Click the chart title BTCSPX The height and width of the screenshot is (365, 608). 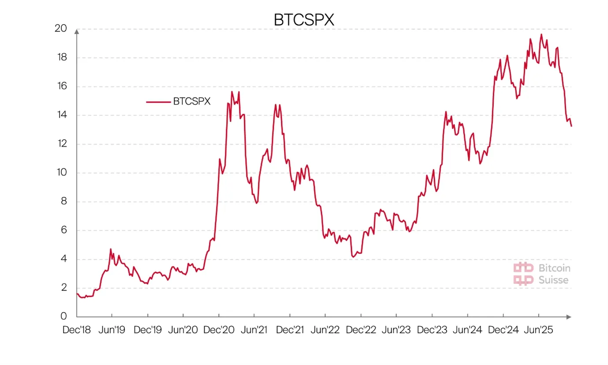point(304,20)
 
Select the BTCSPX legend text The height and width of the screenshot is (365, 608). point(192,101)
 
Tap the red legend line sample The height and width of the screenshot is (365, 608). point(158,102)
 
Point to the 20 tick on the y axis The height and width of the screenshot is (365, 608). point(61,29)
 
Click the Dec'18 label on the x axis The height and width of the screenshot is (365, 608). point(77,330)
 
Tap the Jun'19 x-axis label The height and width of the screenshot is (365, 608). point(112,330)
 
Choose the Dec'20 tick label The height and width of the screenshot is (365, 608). point(219,330)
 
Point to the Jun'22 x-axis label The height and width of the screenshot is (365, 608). point(325,330)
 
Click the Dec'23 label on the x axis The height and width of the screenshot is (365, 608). point(432,330)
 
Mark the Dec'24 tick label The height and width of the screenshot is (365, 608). point(503,330)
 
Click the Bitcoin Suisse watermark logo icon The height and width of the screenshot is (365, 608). point(523,274)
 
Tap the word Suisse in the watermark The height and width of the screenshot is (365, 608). point(554,280)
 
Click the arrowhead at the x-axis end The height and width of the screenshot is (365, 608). point(569,317)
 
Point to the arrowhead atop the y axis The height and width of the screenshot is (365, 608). point(77,31)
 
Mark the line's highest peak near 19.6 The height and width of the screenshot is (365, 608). point(541,34)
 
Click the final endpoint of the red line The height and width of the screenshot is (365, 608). point(571,126)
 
